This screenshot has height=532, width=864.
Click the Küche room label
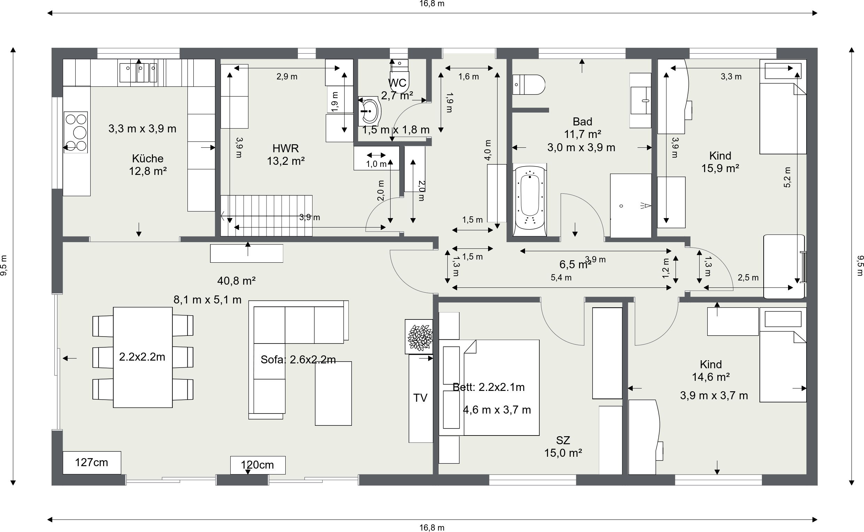148,158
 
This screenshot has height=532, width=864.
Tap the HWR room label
286,148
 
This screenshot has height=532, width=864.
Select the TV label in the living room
420,398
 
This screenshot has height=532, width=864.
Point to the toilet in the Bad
529,84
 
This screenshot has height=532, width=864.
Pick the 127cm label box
92,463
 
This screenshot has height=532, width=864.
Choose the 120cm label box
258,465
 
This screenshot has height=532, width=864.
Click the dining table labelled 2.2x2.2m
142,357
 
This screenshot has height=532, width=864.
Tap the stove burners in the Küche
76,132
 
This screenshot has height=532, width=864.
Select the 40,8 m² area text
236,281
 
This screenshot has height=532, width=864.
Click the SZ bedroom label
563,440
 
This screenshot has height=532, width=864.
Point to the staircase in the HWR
266,216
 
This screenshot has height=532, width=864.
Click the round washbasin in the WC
369,111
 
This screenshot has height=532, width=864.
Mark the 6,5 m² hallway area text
575,264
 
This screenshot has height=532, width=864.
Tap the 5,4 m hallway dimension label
561,278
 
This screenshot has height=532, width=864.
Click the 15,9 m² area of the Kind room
720,169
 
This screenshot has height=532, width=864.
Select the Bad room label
583,121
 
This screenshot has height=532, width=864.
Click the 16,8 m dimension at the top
432,4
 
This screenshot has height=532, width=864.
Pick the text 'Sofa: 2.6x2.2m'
298,360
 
